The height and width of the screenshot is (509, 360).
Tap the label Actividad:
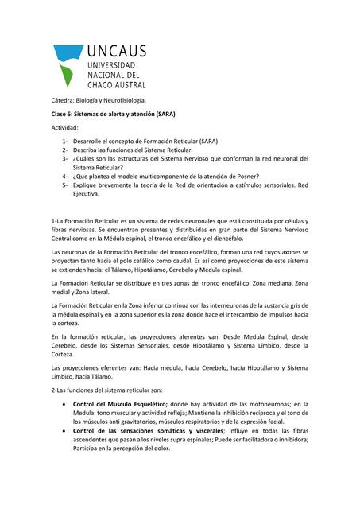66,127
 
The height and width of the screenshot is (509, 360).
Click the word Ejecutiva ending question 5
85,193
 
